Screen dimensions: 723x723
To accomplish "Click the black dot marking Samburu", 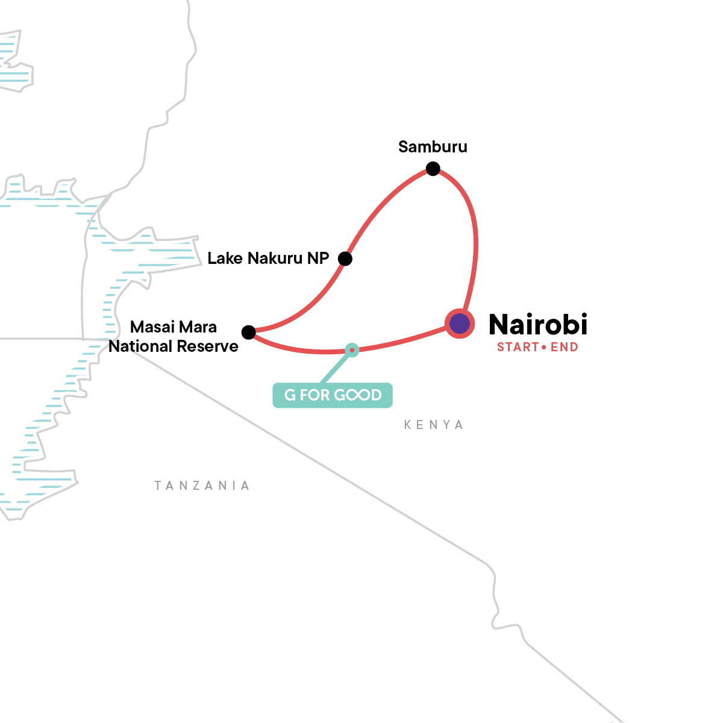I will point(433,169).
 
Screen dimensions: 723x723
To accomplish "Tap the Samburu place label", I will point(433,147).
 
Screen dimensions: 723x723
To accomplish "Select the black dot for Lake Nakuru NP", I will point(345,259).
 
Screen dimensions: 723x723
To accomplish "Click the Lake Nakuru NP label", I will point(268,258).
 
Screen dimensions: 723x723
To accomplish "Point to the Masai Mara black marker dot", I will point(248,332).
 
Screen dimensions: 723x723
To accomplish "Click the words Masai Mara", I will point(174,327).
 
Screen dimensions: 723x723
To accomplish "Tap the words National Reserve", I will point(174,346).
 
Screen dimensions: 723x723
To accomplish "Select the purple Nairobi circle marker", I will point(460,324).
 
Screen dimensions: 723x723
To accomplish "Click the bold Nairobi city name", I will point(538,325).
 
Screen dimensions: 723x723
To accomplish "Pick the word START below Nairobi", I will point(518,347).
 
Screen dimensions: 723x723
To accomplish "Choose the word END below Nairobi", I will point(565,347).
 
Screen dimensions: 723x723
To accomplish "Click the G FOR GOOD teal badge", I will point(333,395).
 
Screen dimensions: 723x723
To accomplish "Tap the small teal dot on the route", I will point(352,349).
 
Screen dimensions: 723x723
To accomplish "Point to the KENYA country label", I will point(434,425).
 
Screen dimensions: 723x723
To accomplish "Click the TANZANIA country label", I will point(202,486).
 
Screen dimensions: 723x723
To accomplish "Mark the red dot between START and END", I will point(544,348).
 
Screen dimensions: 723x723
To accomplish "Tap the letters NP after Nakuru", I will point(318,258).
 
